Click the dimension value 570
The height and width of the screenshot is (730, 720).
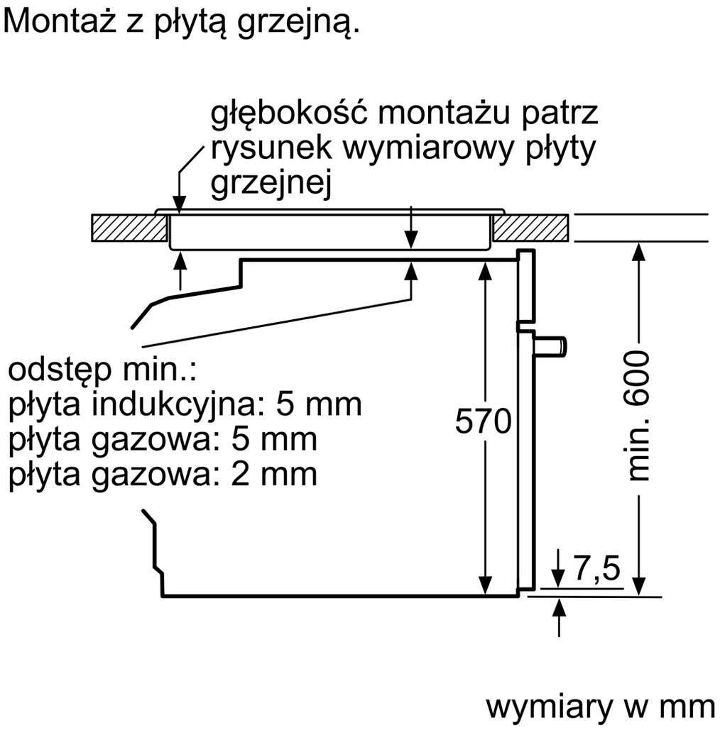pyautogui.click(x=484, y=421)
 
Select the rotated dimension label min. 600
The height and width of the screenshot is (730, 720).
pyautogui.click(x=637, y=416)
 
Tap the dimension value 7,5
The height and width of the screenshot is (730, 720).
pyautogui.click(x=597, y=568)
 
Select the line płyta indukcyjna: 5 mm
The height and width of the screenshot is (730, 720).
pyautogui.click(x=185, y=404)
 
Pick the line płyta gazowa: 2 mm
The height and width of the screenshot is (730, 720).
pyautogui.click(x=163, y=475)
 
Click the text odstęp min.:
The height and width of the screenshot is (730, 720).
pyautogui.click(x=102, y=370)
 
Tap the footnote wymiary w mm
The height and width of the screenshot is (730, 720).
pyautogui.click(x=600, y=708)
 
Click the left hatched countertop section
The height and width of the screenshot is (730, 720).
pyautogui.click(x=129, y=228)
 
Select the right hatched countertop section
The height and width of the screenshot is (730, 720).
pyautogui.click(x=531, y=228)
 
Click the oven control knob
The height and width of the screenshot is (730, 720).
pyautogui.click(x=551, y=347)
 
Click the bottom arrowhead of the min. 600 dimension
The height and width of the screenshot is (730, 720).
pyautogui.click(x=639, y=586)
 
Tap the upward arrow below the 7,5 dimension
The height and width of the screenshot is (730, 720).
pyautogui.click(x=559, y=618)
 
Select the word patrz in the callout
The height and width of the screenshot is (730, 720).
pyautogui.click(x=560, y=114)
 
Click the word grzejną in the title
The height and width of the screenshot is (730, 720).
pyautogui.click(x=298, y=22)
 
